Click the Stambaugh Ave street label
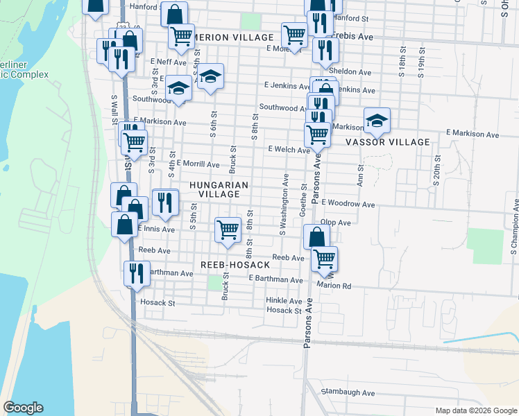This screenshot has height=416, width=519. tap(348, 392)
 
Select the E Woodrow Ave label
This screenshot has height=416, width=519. tap(348, 205)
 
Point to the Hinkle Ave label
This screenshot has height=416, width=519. tap(284, 301)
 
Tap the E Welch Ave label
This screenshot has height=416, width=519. tap(289, 150)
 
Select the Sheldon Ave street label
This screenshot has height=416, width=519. tap(351, 71)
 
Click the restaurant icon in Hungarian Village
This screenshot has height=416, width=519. tap(165, 202)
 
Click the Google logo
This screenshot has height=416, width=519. tap(23, 408)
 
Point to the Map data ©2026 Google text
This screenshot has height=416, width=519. tap(476, 410)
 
